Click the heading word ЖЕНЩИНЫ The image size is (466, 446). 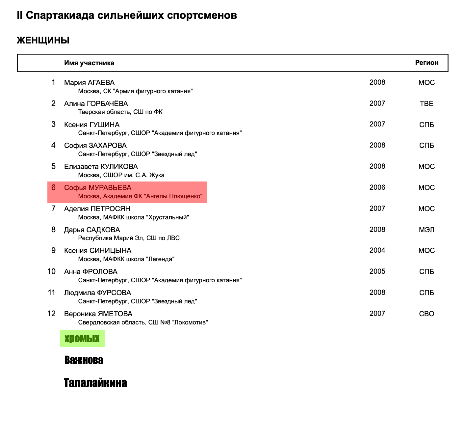click(43, 41)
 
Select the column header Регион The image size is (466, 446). click(427, 63)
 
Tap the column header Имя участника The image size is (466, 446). click(89, 63)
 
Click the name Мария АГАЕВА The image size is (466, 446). click(90, 82)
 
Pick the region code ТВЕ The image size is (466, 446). click(427, 103)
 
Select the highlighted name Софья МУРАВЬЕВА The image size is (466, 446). click(98, 188)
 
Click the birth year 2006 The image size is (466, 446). click(377, 187)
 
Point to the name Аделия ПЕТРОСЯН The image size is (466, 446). click(97, 209)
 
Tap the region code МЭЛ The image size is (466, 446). click(427, 230)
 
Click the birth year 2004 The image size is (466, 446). click(377, 250)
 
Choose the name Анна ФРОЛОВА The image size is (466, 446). click(91, 272)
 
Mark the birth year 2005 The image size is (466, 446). click(377, 271)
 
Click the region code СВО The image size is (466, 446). click(427, 314)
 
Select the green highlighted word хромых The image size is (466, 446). click(82, 339)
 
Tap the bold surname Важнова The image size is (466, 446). click(84, 360)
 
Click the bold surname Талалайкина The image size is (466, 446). click(95, 383)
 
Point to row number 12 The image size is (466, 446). click(52, 314)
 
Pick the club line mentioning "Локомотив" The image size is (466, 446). click(143, 322)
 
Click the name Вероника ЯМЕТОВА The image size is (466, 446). click(98, 314)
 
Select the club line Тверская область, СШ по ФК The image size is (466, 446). click(120, 112)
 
